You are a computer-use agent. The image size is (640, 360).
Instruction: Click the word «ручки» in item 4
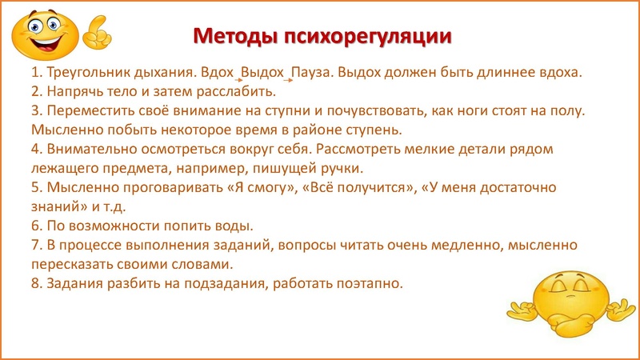click(342, 167)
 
